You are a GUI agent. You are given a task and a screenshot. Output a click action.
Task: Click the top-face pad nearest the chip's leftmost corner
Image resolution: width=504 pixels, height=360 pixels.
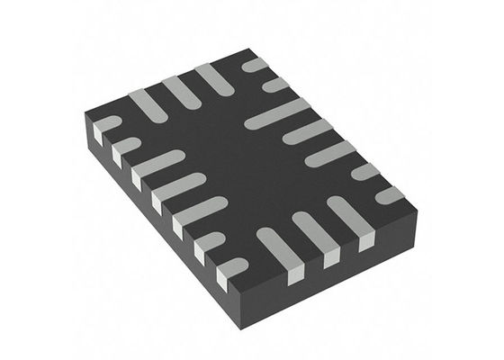[x=105, y=126]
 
